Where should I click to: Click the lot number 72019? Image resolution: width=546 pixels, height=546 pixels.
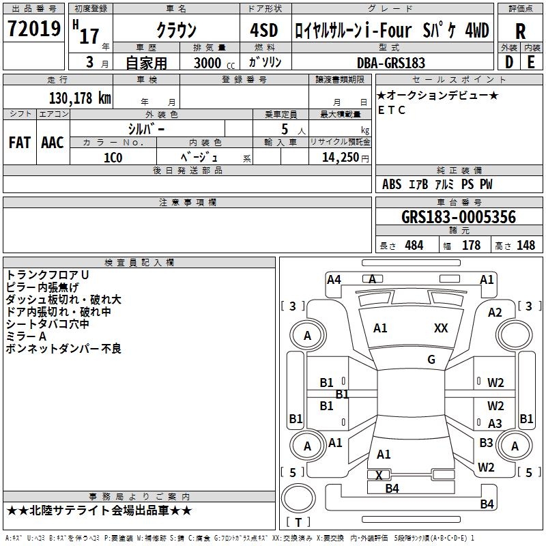coord(33,29)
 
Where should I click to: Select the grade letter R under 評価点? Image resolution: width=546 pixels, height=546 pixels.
coord(520,31)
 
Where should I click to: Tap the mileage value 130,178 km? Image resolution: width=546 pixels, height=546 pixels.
coord(80,98)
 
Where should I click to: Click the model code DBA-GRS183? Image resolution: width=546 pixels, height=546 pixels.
coord(391,63)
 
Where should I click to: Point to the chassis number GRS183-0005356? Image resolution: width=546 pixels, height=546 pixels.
coord(459,217)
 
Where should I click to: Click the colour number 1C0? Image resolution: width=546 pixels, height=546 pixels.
coord(113,158)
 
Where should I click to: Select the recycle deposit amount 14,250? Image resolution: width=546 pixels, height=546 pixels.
coord(340,158)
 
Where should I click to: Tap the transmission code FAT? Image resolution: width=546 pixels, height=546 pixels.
coord(20,143)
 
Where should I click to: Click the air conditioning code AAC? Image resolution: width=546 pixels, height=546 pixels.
coord(53,143)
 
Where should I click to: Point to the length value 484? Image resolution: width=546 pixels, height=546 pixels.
coord(414,245)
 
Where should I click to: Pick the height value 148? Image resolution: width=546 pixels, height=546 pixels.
coord(526,245)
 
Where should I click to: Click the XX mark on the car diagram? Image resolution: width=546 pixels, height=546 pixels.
coord(441,328)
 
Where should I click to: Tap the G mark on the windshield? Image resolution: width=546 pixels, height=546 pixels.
coord(431,359)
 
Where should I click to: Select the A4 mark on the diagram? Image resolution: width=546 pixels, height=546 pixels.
coord(334,279)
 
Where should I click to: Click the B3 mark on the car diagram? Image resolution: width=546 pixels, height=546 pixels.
coord(486,442)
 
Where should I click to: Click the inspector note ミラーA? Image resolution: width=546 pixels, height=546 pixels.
coord(26,336)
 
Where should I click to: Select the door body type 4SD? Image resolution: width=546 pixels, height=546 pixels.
coord(264,30)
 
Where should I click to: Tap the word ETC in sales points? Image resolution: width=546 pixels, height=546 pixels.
coord(392,110)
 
